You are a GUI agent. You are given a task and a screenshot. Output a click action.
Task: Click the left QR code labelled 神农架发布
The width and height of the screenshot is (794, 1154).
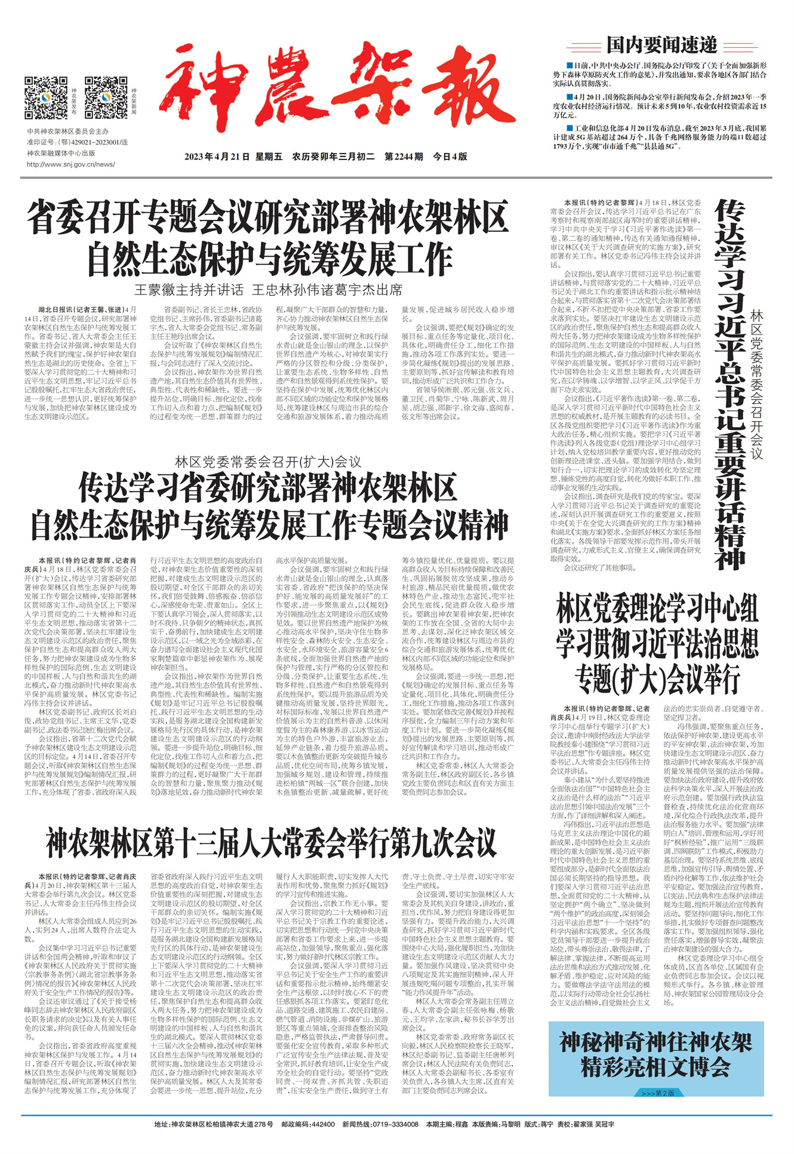(x=46, y=97)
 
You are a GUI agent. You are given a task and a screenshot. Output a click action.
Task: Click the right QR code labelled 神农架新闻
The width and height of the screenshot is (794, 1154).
(x=106, y=97)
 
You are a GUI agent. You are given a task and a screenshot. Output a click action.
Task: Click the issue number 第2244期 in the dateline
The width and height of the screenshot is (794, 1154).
(x=404, y=156)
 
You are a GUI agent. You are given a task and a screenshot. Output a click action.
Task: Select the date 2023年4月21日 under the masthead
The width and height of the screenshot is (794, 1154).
(x=216, y=156)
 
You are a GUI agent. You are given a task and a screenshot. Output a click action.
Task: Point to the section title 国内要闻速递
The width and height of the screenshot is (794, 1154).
(x=661, y=44)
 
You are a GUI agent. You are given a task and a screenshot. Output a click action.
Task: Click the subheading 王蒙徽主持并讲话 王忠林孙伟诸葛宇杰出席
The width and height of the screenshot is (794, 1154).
(x=267, y=290)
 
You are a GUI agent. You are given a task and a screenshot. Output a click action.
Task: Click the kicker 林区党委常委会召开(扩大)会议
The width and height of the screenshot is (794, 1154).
(x=267, y=462)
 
